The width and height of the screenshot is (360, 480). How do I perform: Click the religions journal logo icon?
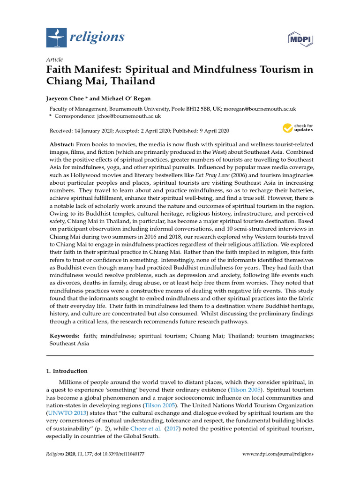[x=56, y=37]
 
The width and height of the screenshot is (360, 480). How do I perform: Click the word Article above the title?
[x=54, y=60]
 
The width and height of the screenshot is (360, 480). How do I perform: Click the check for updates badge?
[x=298, y=128]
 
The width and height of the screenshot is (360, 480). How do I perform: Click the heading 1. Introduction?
[x=67, y=371]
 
